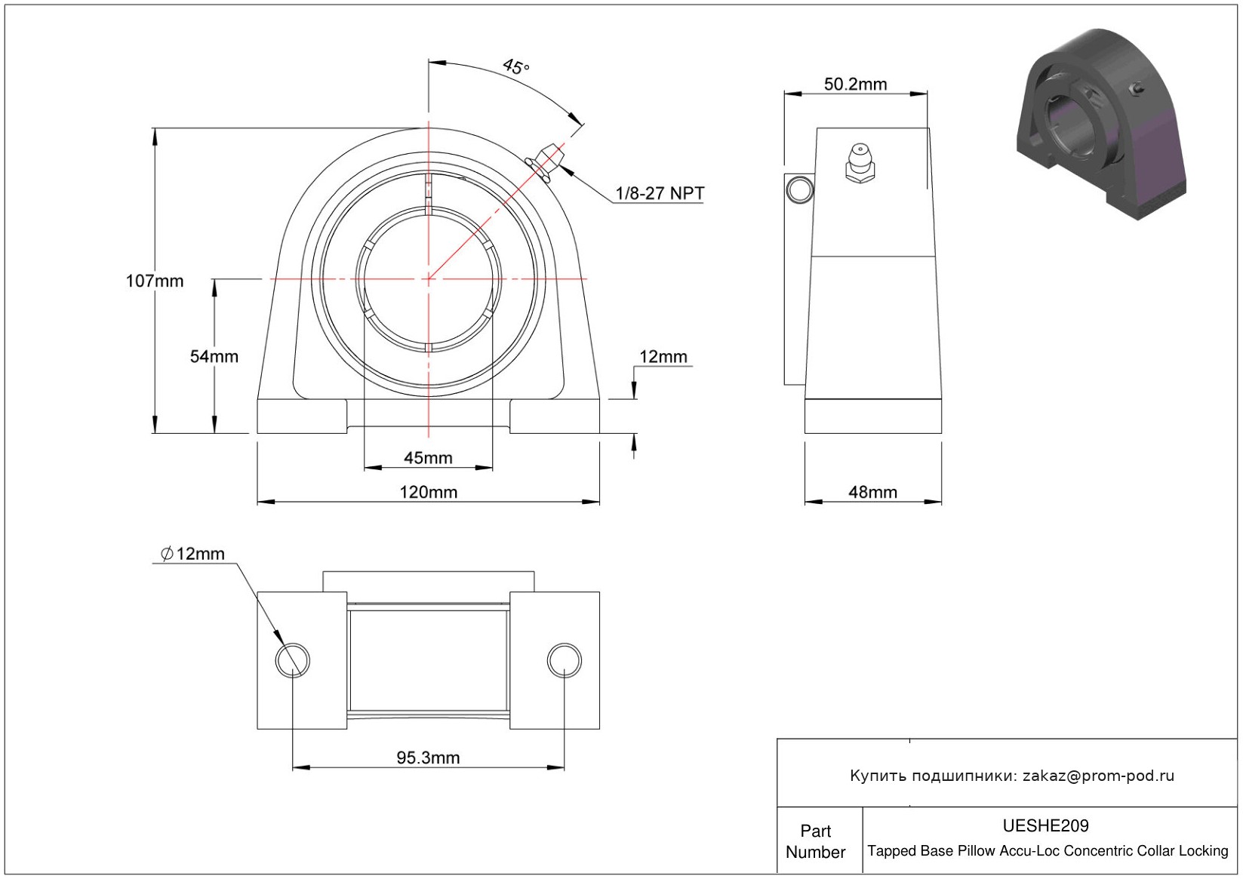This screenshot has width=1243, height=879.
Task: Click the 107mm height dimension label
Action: tap(154, 281)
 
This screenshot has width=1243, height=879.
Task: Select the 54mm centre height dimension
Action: tap(214, 356)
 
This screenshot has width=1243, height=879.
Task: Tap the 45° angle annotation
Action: tap(516, 66)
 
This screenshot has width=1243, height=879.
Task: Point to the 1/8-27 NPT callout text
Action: tap(660, 193)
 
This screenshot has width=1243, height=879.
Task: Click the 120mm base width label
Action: tap(429, 492)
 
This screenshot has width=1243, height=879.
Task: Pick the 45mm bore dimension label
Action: tap(428, 458)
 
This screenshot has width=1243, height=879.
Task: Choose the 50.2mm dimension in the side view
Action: tap(855, 85)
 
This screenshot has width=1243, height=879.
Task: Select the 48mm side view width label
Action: tap(872, 492)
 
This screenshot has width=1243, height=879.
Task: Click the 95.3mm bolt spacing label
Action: tap(428, 758)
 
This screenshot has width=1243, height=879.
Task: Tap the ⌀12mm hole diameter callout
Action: tap(192, 553)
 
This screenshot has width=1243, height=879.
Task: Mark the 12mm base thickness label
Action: tap(663, 357)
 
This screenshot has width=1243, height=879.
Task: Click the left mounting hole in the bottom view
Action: tap(292, 660)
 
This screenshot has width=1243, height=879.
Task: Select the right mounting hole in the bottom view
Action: tap(564, 660)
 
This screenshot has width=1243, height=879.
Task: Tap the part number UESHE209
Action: tap(1045, 825)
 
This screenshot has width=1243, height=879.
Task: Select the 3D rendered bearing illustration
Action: tap(1101, 124)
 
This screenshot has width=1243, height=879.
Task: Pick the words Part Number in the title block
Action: tap(815, 841)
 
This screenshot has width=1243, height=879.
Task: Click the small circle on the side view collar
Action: tap(800, 190)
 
